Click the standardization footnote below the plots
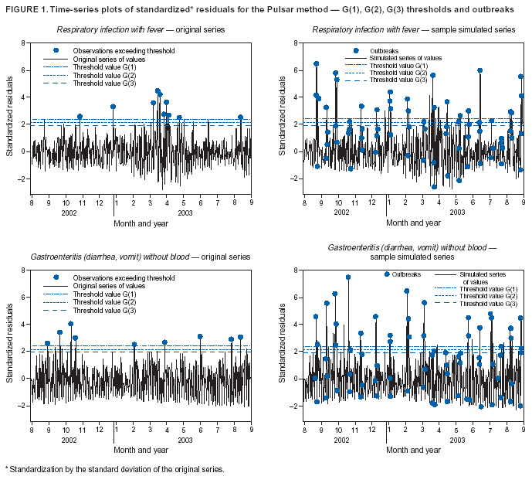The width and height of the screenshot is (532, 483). click(x=114, y=469)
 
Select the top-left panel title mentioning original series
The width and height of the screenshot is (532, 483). click(x=141, y=29)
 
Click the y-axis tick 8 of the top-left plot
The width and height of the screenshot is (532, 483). click(x=26, y=43)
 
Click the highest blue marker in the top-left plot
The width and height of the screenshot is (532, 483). click(x=158, y=91)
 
